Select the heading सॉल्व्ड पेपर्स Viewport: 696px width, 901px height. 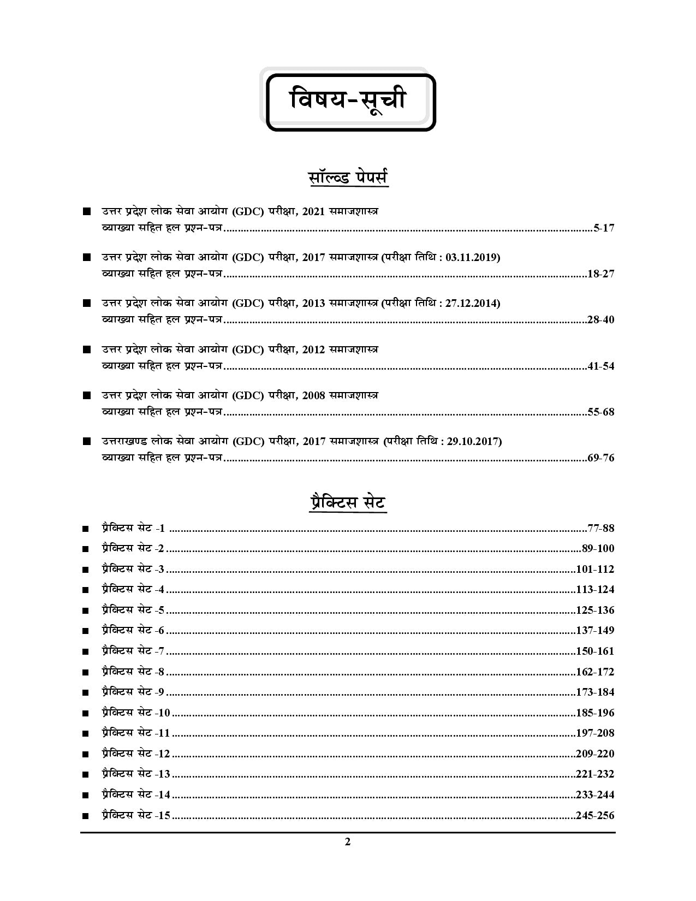coord(348,179)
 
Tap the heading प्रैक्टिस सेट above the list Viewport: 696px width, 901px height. coord(347,502)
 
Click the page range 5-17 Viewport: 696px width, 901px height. coord(604,228)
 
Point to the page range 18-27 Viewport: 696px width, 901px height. coord(600,274)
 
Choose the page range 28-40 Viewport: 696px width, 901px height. coord(600,320)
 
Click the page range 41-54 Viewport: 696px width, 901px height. coord(600,366)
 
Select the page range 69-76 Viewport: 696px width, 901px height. coord(600,458)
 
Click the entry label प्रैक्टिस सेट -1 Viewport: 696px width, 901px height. coord(133,529)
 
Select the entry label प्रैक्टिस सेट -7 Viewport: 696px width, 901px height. coord(133,651)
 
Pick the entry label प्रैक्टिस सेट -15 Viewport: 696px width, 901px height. coord(136,816)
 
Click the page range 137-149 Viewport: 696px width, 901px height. coord(595,631)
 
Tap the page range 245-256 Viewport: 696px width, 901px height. coord(595,816)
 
